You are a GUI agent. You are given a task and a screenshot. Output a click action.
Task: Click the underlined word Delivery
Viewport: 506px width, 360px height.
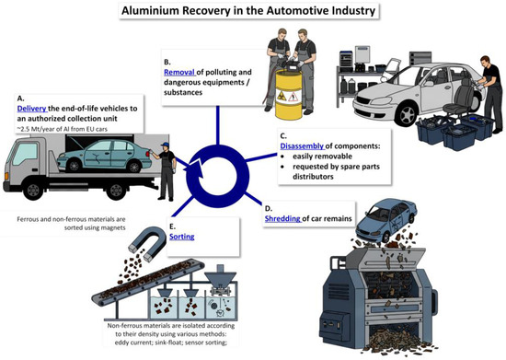[32, 109]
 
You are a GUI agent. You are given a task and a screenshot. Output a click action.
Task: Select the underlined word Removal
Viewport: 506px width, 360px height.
[179, 72]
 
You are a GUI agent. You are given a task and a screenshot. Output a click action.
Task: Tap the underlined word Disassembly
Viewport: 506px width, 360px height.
[302, 146]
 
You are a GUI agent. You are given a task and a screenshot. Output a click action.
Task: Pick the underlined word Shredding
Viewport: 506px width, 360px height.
[282, 218]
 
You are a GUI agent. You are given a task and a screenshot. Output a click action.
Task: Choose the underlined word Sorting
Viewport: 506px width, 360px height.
[181, 237]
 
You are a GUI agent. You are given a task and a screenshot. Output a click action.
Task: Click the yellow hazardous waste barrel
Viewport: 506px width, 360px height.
[288, 95]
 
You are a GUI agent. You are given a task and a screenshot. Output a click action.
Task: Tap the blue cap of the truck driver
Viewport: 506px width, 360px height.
[165, 145]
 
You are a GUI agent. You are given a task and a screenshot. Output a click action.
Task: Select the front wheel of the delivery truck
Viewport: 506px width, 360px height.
[33, 191]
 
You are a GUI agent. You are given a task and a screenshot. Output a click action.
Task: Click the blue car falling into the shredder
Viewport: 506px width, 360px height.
[386, 219]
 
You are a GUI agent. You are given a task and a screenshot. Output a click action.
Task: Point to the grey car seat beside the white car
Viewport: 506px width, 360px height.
[458, 98]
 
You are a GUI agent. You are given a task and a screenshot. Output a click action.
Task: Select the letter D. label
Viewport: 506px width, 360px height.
[268, 208]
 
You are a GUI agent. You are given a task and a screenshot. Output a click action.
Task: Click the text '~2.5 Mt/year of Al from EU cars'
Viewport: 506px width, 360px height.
[63, 129]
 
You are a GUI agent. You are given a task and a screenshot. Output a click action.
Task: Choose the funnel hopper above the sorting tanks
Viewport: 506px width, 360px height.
[221, 276]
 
